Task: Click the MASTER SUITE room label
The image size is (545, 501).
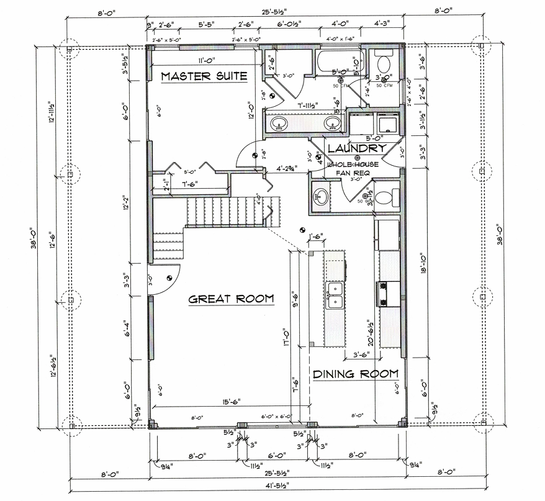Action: [204, 76]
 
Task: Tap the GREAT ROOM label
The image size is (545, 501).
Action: [231, 299]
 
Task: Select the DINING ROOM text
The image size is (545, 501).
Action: [354, 374]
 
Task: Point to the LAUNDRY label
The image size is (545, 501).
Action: [356, 148]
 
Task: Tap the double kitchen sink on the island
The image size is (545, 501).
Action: [335, 294]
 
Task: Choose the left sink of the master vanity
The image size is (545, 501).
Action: [279, 124]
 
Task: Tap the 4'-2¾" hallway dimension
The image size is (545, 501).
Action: [287, 167]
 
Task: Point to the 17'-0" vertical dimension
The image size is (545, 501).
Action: [286, 338]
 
